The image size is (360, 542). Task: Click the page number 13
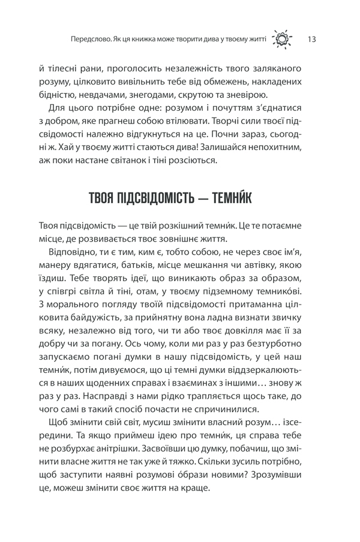pos(311,40)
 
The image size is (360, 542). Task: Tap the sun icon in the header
pos(283,40)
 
